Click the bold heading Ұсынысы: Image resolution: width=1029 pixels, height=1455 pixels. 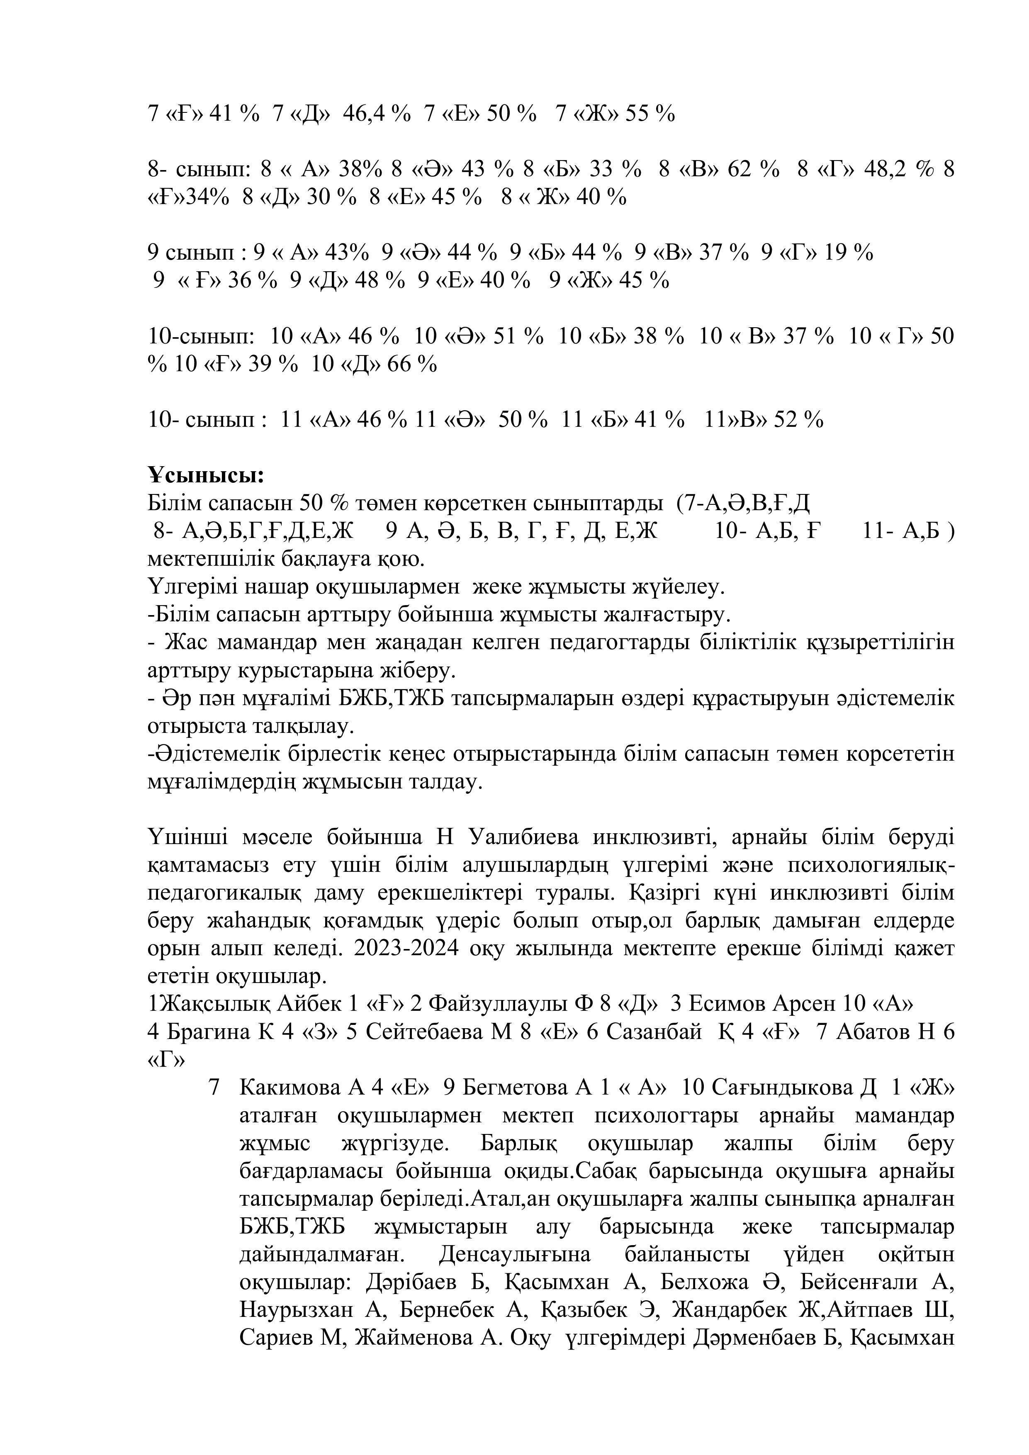(206, 475)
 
